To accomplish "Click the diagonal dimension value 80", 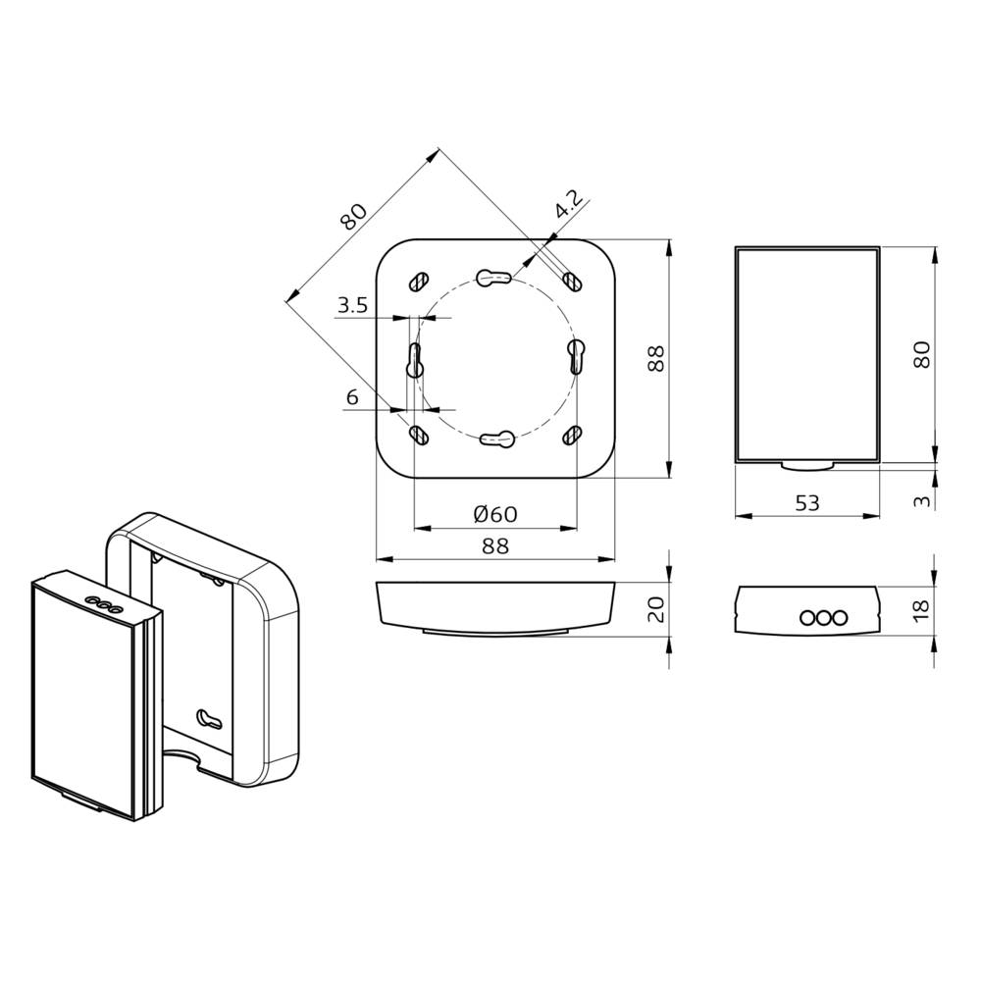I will point(353,215).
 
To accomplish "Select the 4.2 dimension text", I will point(568,204).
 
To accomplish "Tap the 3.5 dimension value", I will point(351,306).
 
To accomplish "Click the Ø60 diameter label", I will point(494,515).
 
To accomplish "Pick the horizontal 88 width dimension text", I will point(494,546).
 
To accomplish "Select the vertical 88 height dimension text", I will point(656,359).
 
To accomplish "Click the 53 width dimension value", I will point(806,503).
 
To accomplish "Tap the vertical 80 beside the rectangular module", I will point(921,353).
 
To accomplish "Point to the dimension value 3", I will point(921,500).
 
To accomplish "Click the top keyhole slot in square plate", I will point(494,278).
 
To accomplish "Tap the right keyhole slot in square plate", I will point(576,355).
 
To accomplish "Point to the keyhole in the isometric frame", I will point(210,719).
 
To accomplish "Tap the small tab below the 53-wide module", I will point(806,465).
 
